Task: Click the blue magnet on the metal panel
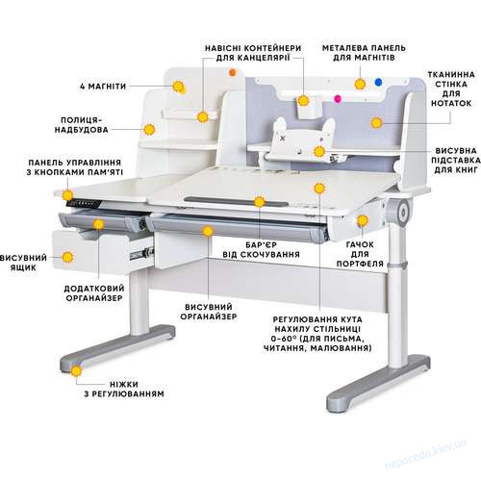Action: click(379, 82)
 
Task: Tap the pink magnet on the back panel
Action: click(338, 98)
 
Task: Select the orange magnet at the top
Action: click(233, 72)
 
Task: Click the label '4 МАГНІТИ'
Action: click(103, 87)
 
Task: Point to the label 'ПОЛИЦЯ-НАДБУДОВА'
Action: click(82, 125)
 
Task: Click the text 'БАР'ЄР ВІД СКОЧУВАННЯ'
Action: click(262, 250)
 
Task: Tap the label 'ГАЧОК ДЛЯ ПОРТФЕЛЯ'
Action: click(360, 254)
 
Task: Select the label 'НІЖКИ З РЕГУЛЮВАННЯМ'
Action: click(124, 389)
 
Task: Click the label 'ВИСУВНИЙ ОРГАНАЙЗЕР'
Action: click(209, 312)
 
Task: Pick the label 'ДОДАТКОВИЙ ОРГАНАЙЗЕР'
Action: click(94, 293)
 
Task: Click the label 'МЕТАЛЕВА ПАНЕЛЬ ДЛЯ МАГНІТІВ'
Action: click(364, 53)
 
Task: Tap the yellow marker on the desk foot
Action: click(76, 371)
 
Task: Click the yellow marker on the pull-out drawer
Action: click(67, 257)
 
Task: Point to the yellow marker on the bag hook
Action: click(363, 220)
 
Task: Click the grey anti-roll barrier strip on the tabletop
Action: click(237, 202)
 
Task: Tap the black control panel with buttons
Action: click(84, 204)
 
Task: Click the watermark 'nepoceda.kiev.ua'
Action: click(425, 454)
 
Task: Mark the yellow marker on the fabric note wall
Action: click(377, 122)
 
